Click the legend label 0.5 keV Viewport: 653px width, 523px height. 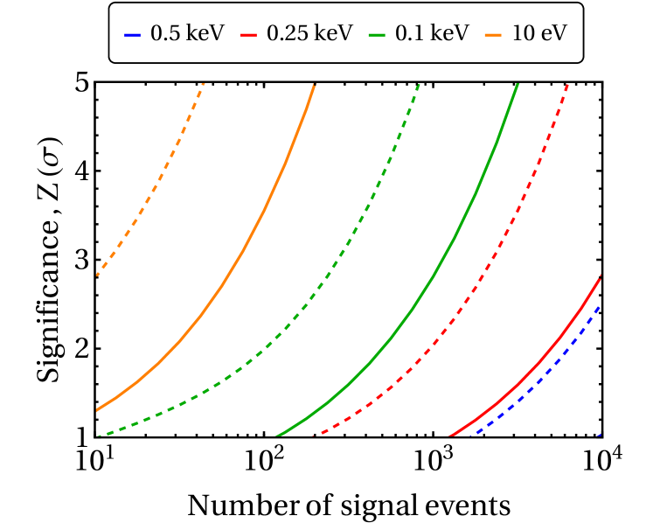187,33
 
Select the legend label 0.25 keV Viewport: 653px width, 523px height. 309,33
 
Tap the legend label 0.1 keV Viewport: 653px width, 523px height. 432,33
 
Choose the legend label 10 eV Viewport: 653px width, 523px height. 540,33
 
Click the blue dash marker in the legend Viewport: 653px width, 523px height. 133,34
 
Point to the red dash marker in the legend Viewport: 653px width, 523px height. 249,34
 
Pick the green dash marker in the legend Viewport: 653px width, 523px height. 378,34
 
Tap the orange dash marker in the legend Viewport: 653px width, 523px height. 495,34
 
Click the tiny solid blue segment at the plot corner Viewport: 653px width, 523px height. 598,435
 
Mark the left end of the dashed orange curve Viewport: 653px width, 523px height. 98,275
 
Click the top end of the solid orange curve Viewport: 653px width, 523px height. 315,84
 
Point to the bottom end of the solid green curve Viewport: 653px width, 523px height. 278,436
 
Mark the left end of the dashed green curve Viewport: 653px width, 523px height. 98,436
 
